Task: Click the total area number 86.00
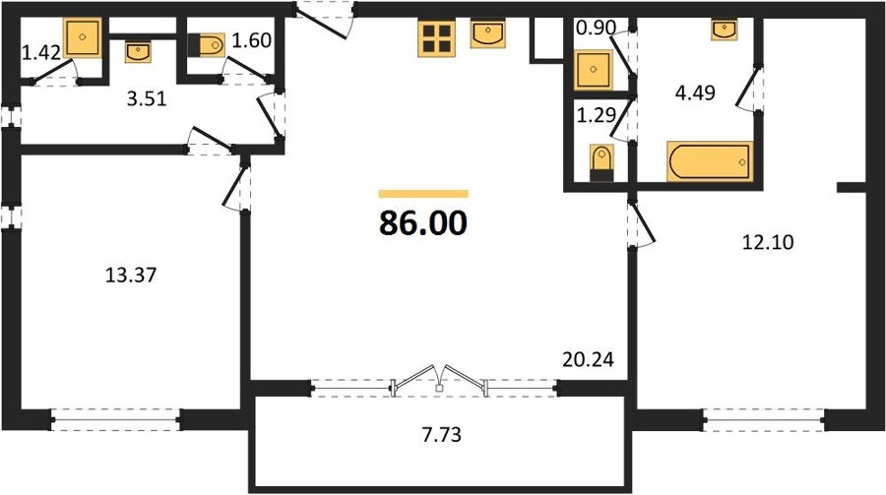tap(423, 222)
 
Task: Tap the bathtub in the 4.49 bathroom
tap(710, 161)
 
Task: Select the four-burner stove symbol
tap(436, 38)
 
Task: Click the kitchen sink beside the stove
tap(488, 33)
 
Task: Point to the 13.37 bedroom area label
tap(131, 276)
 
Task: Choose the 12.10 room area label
tap(768, 242)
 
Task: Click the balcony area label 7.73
tap(441, 435)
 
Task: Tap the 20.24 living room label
tap(589, 359)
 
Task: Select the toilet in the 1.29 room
tap(601, 162)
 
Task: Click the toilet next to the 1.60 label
tap(207, 45)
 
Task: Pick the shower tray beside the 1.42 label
tap(83, 37)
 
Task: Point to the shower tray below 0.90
tap(593, 70)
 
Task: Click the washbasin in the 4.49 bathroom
tap(725, 30)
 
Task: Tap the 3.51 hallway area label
tap(147, 99)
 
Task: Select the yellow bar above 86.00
tap(423, 194)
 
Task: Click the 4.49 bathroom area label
tap(695, 93)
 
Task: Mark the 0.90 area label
tap(596, 28)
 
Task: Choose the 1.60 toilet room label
tap(252, 40)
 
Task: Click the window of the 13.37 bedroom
tap(116, 420)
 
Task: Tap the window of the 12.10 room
tap(764, 420)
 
